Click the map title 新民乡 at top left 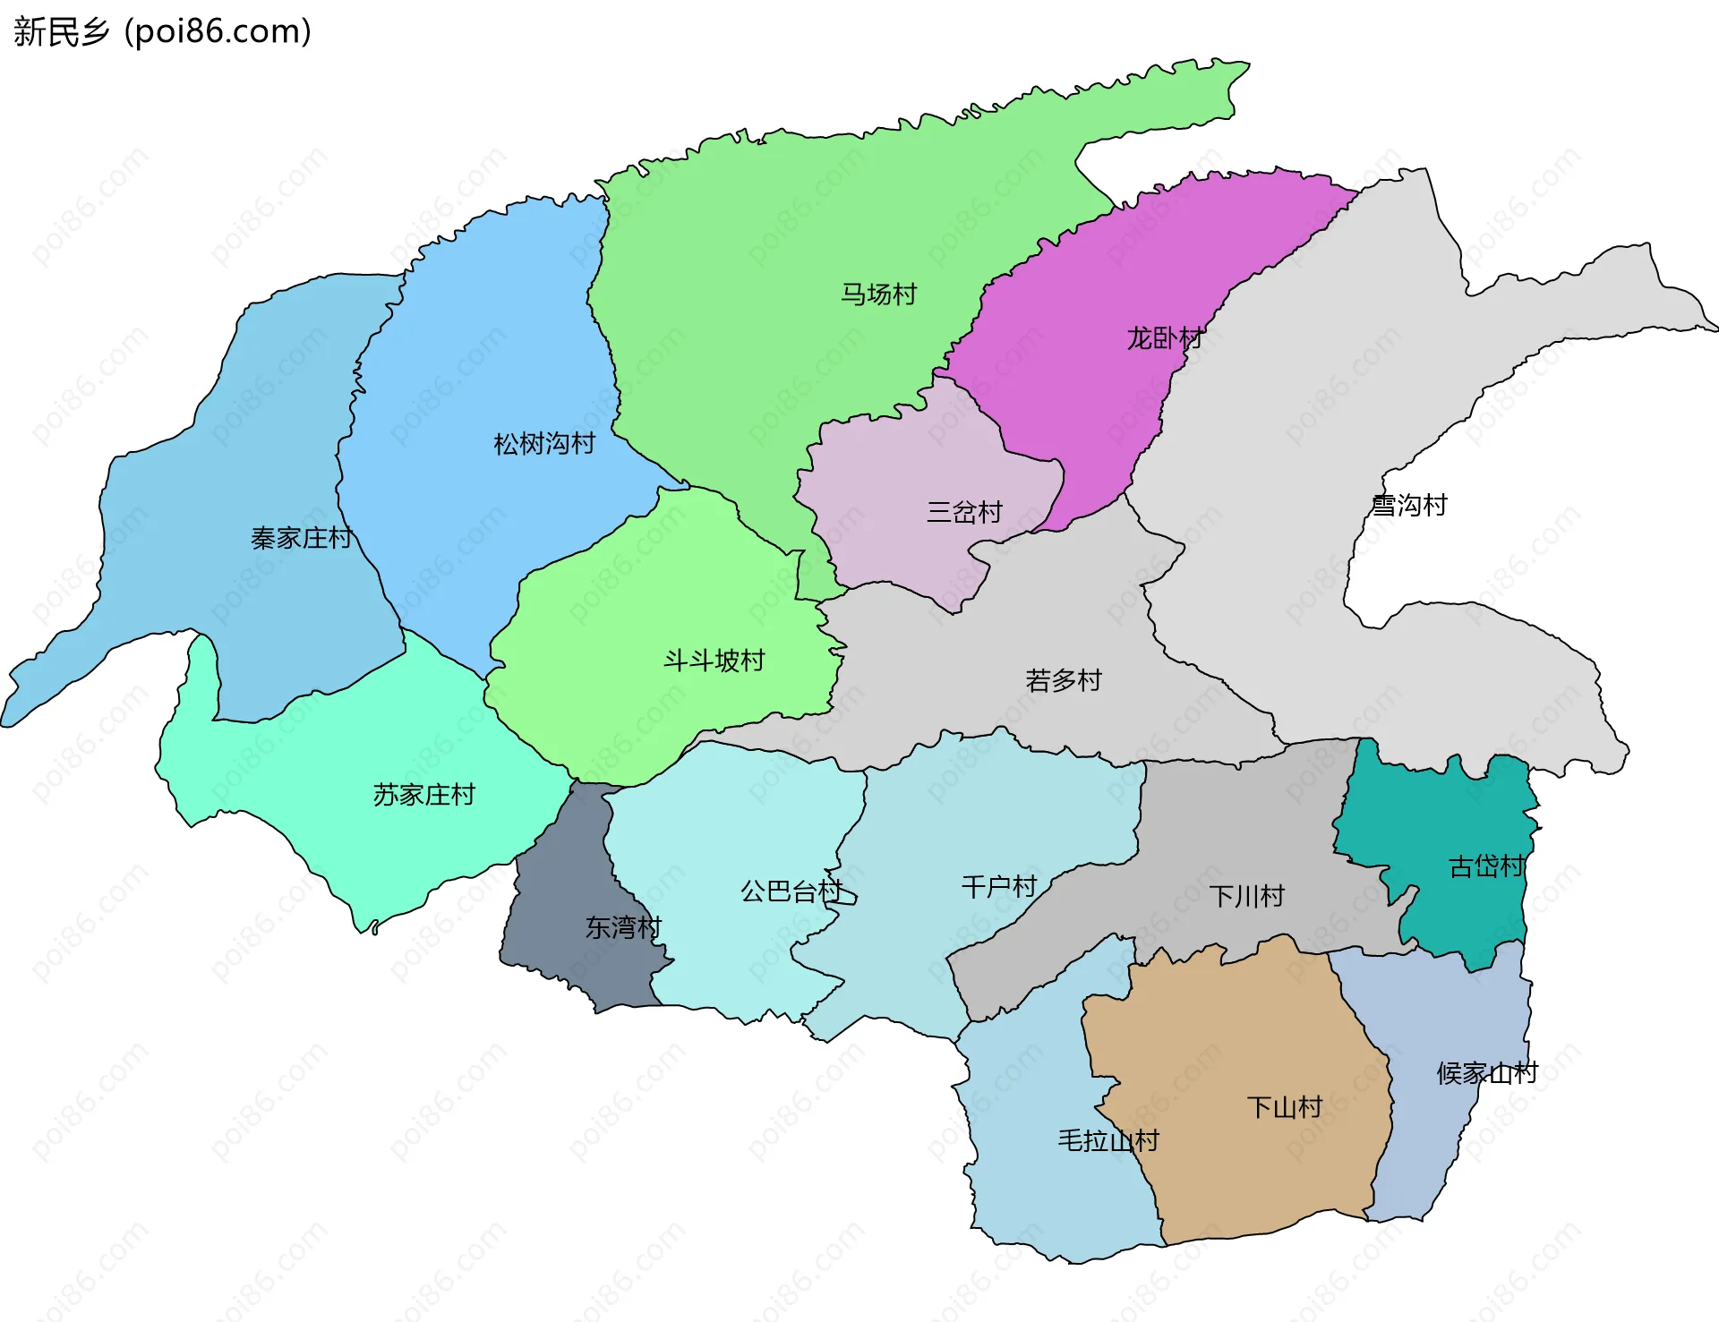click(61, 31)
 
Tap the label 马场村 click(878, 294)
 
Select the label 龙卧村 click(1164, 338)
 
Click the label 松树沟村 click(544, 444)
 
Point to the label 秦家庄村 click(301, 538)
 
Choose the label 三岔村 click(964, 513)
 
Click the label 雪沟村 click(1409, 506)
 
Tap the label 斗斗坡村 click(714, 661)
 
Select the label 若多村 click(1063, 681)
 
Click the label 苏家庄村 click(423, 795)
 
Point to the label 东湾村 click(623, 928)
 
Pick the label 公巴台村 click(791, 891)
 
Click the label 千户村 click(998, 887)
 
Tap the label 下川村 click(1246, 896)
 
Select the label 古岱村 click(1486, 866)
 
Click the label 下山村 click(1284, 1108)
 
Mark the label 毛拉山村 click(1108, 1141)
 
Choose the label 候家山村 click(1486, 1073)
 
